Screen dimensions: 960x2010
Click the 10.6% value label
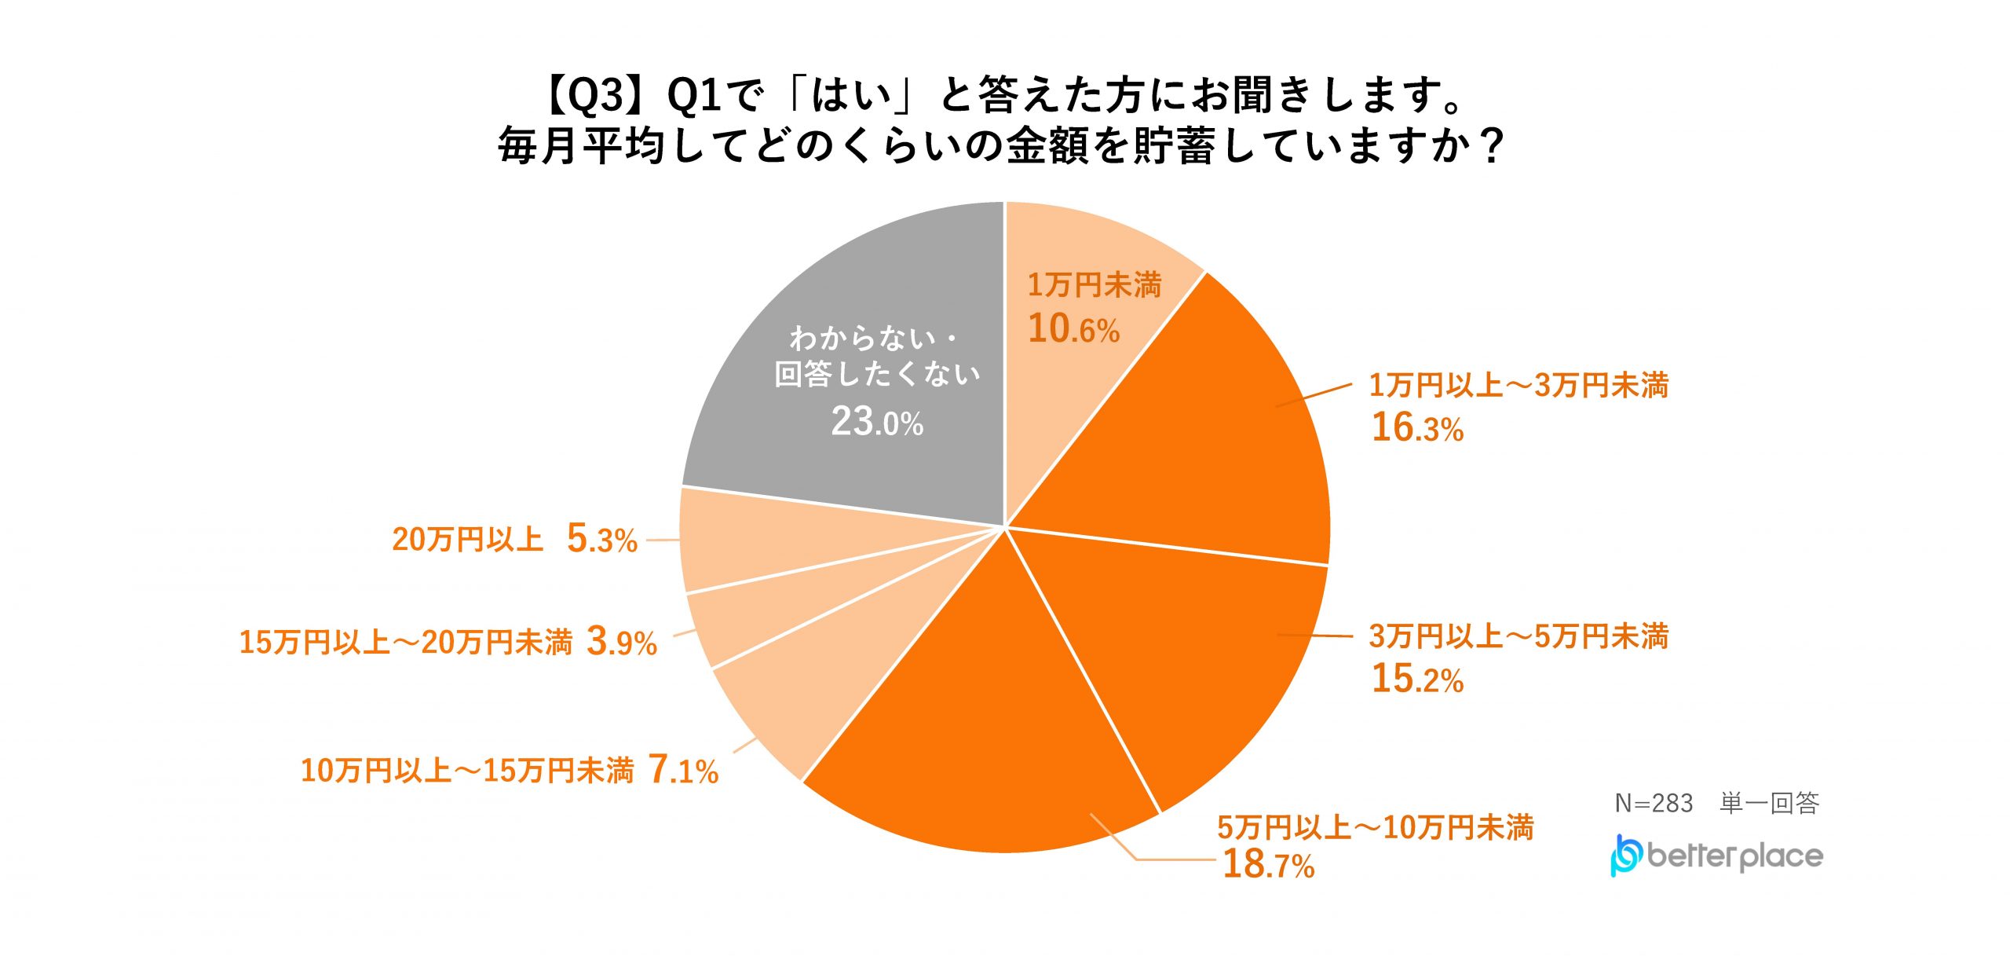pyautogui.click(x=1073, y=328)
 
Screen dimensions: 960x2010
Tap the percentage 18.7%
pyautogui.click(x=1268, y=864)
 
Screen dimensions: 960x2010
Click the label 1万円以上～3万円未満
pyautogui.click(x=1518, y=386)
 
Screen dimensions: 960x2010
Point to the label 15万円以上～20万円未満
pyautogui.click(x=406, y=643)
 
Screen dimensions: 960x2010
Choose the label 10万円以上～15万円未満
pyautogui.click(x=467, y=771)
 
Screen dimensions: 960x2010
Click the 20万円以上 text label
pyautogui.click(x=468, y=540)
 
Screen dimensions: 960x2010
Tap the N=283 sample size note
pyautogui.click(x=1654, y=803)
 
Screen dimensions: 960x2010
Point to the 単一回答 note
pyautogui.click(x=1769, y=803)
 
